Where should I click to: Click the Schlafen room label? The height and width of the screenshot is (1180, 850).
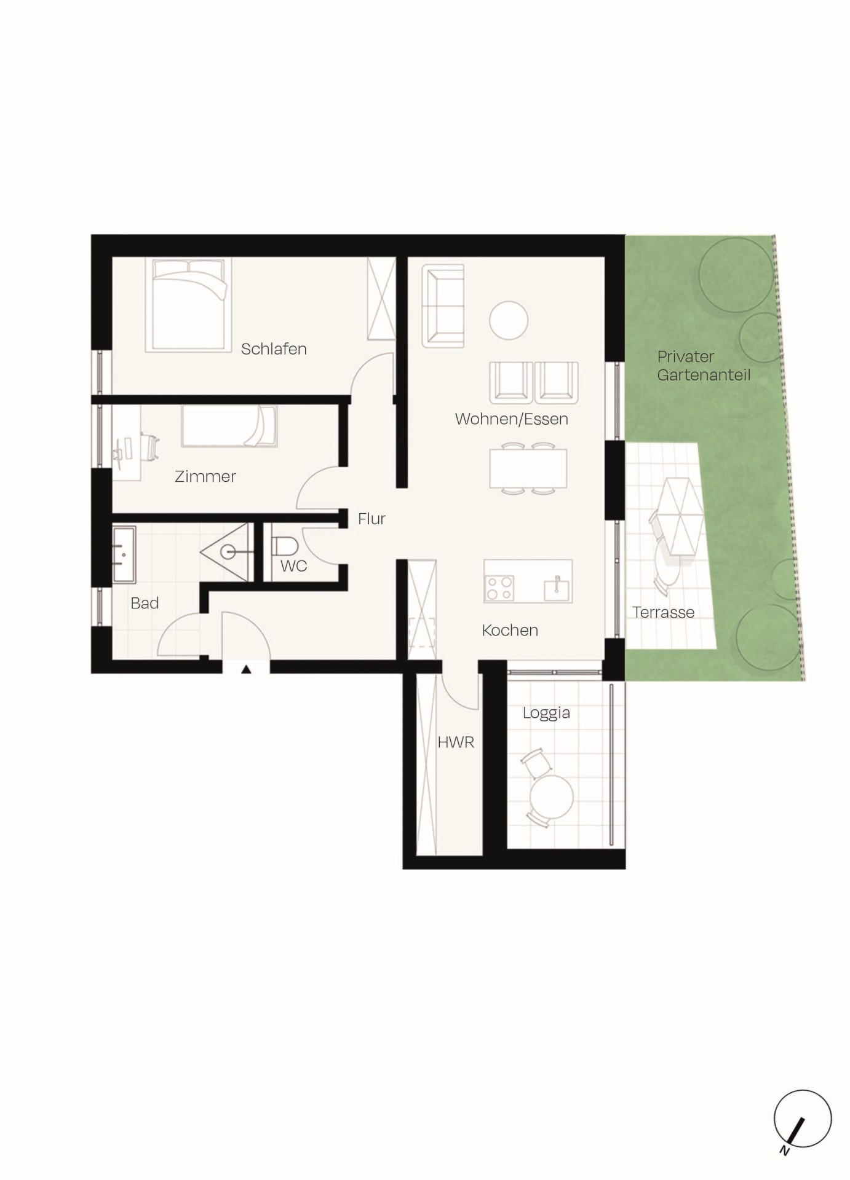click(x=274, y=349)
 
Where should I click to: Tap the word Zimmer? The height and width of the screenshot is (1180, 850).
click(x=205, y=476)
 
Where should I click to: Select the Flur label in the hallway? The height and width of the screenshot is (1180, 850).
click(x=371, y=519)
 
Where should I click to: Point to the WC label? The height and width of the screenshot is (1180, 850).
click(x=293, y=566)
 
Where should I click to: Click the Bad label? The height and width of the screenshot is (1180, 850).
click(x=145, y=603)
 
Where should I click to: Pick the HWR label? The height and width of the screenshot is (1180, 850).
click(x=456, y=742)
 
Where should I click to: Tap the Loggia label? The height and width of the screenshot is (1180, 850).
click(x=546, y=713)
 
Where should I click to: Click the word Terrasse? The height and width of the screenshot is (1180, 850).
click(x=663, y=612)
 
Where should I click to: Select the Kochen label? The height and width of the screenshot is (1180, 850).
click(x=510, y=630)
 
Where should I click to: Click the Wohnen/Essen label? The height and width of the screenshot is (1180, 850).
click(x=511, y=419)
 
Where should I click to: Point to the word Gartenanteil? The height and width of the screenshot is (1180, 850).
click(x=704, y=375)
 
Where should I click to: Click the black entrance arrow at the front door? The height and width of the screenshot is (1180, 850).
click(x=246, y=669)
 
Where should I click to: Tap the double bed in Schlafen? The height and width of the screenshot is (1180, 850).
click(x=188, y=305)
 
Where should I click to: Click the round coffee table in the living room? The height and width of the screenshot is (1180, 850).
click(x=509, y=320)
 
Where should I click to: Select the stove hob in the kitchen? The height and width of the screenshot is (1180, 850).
click(x=499, y=588)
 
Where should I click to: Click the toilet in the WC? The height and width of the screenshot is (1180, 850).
click(x=284, y=546)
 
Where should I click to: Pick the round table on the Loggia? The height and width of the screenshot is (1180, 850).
click(x=552, y=796)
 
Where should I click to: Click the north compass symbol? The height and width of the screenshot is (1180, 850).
click(x=802, y=1119)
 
